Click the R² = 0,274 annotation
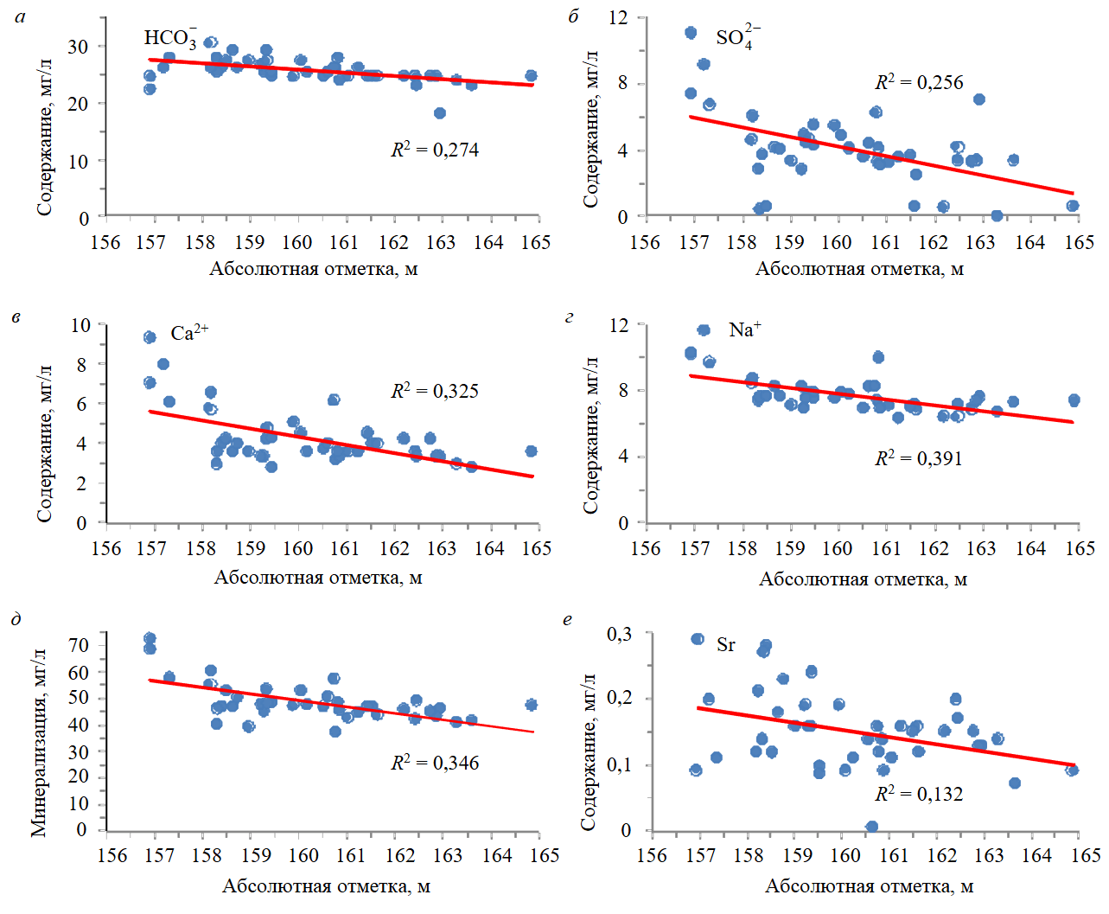click(x=435, y=150)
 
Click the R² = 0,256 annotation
click(x=919, y=82)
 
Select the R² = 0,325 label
click(x=435, y=391)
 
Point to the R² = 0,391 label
click(x=919, y=458)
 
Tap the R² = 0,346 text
click(x=435, y=763)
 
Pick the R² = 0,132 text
click(x=919, y=794)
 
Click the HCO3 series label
click(x=170, y=38)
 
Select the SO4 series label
click(x=737, y=37)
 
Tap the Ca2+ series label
click(x=189, y=333)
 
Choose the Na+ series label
click(x=745, y=329)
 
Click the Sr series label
click(x=726, y=645)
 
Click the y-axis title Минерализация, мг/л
click(x=39, y=741)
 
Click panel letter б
click(x=573, y=16)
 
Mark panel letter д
click(x=16, y=618)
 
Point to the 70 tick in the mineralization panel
click(x=79, y=645)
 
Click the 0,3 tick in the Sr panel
click(x=619, y=635)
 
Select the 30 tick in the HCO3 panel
click(x=78, y=47)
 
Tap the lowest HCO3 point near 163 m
click(x=440, y=113)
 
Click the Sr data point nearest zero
click(x=872, y=827)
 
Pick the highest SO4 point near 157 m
click(x=691, y=33)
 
